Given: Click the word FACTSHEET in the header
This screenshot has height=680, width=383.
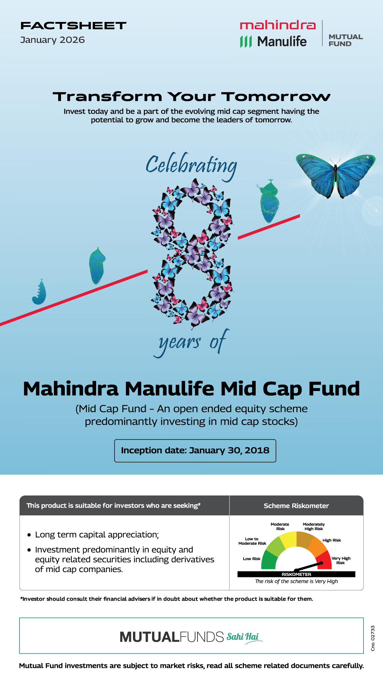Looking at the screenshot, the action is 73,25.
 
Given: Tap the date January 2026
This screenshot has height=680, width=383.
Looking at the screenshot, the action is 52,40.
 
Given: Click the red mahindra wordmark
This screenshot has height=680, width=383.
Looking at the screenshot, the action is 278,25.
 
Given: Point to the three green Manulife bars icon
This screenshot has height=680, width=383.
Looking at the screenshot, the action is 246,41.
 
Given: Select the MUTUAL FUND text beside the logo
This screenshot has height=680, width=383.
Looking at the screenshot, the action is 346,40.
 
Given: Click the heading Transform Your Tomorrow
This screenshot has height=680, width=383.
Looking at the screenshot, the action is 191,97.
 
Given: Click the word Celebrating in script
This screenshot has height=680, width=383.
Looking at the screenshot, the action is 191,166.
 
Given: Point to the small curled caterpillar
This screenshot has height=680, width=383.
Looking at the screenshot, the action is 39,293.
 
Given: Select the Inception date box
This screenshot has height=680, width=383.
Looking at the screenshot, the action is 195,450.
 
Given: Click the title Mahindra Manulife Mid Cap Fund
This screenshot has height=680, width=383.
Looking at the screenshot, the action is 191,389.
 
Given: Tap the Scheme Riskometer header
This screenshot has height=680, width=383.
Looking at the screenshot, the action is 296,506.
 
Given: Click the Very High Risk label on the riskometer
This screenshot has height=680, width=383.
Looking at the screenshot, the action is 341,560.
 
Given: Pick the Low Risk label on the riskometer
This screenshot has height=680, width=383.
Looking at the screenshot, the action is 251,559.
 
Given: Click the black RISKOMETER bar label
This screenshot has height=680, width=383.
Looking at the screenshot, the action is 296,574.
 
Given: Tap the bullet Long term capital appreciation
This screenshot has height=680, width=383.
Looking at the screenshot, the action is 97,534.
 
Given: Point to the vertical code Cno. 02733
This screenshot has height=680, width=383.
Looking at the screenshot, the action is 373,638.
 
